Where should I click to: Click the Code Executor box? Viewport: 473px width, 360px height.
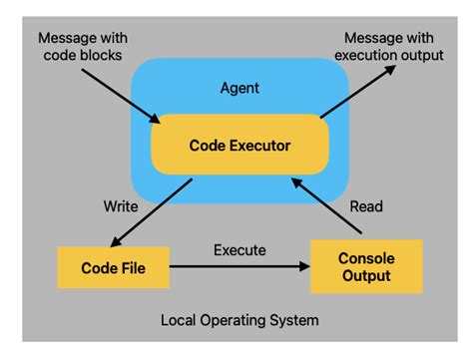[x=239, y=146]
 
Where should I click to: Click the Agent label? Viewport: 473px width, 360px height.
[x=239, y=87]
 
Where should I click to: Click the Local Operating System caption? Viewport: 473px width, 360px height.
[x=238, y=321]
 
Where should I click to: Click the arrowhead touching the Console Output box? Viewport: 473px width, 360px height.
[x=304, y=267]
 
